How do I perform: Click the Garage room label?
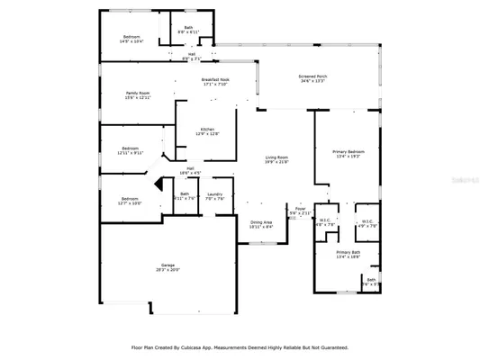pos(168,265)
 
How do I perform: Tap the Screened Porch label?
pos(312,76)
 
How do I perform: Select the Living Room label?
pos(276,158)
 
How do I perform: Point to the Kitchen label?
pos(207,130)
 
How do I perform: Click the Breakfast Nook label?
pos(215,80)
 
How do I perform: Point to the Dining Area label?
pos(261,221)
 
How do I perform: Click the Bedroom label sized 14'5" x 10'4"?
pos(132,37)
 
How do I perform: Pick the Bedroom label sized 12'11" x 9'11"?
pos(131,148)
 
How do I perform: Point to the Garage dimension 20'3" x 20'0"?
pos(168,270)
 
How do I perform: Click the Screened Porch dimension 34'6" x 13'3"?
pos(312,82)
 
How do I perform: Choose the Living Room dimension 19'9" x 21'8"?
pos(276,163)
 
